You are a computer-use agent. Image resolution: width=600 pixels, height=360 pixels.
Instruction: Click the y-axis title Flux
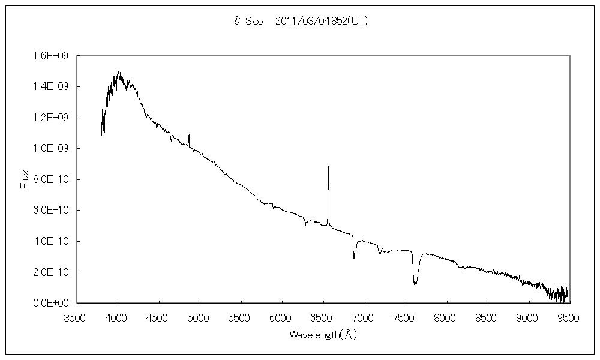pos(25,179)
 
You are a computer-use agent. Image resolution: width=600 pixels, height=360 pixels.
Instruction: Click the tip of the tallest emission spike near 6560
pos(328,167)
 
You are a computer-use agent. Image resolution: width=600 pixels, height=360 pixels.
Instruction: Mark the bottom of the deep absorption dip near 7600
pos(415,284)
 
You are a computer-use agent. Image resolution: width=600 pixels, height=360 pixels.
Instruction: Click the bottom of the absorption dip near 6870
pos(354,259)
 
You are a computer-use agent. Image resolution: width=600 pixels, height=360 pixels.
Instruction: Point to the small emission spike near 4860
pos(189,134)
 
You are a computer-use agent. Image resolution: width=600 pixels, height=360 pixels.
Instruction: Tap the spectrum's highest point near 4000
pos(118,71)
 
